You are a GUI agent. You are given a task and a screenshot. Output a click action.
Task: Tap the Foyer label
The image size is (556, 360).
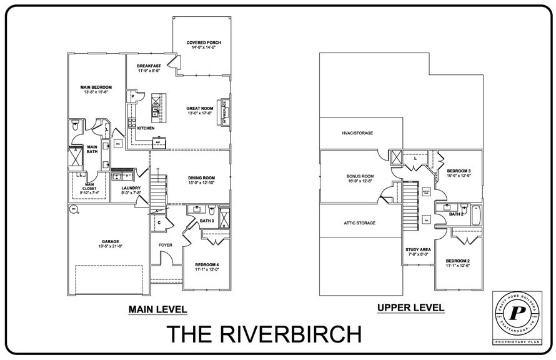[x=166, y=245]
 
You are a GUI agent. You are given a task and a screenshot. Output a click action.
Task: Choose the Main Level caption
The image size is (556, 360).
[x=157, y=309]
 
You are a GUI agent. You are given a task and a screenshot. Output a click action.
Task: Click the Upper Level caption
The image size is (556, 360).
[x=411, y=307]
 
